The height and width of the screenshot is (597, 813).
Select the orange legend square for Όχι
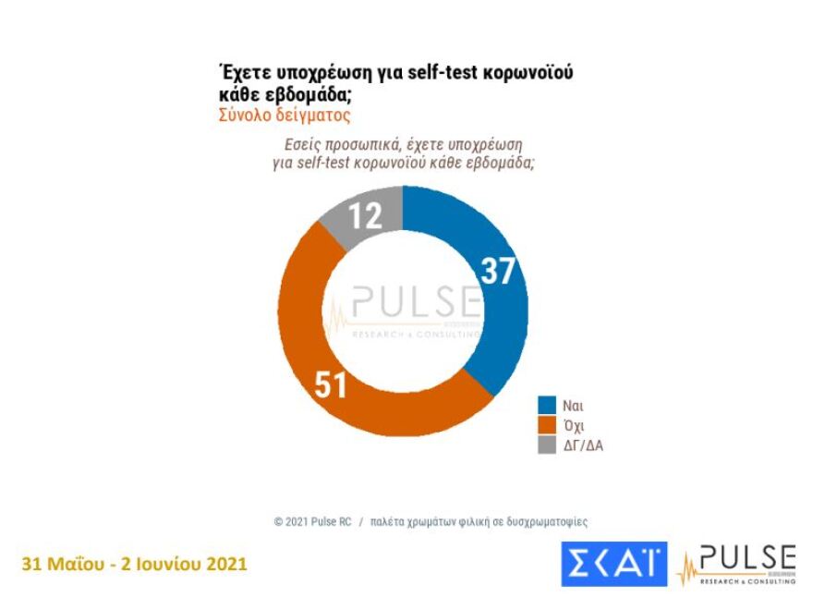tap(547, 425)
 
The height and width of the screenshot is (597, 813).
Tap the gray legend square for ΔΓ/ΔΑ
tap(547, 445)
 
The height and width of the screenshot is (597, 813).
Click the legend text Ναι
tap(573, 406)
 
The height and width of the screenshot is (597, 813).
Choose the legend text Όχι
tap(573, 425)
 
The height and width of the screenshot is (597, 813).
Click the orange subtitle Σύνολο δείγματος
tap(285, 116)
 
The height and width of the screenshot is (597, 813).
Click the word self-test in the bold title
tap(421, 73)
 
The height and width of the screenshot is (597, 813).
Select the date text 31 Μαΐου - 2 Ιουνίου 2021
tap(134, 563)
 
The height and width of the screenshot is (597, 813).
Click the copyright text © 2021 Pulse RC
tap(312, 521)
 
